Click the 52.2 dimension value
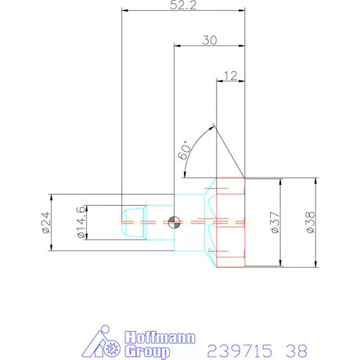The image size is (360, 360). pyautogui.click(x=183, y=5)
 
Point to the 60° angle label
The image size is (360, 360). pyautogui.click(x=185, y=149)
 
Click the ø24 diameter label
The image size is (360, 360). pyautogui.click(x=45, y=222)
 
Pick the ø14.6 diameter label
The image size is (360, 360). pyautogui.click(x=79, y=222)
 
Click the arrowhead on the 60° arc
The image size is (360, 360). pyautogui.click(x=211, y=126)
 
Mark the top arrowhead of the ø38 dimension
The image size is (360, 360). pyautogui.click(x=315, y=179)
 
